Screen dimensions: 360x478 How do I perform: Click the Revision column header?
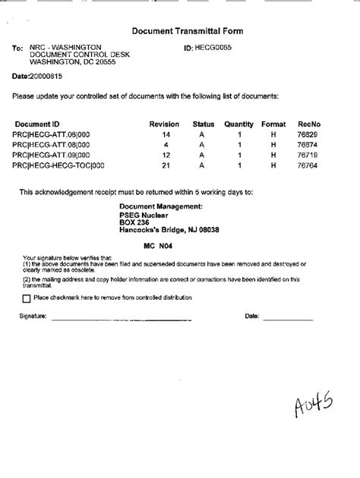[x=163, y=123]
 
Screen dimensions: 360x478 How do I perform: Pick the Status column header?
[x=204, y=123]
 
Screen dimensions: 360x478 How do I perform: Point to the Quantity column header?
[x=238, y=123]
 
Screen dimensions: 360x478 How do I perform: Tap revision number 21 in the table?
[x=165, y=165]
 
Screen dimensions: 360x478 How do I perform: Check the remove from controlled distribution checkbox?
[x=27, y=298]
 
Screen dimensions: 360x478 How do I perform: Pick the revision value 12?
[x=165, y=154]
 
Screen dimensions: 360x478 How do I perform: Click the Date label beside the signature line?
[x=252, y=316]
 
